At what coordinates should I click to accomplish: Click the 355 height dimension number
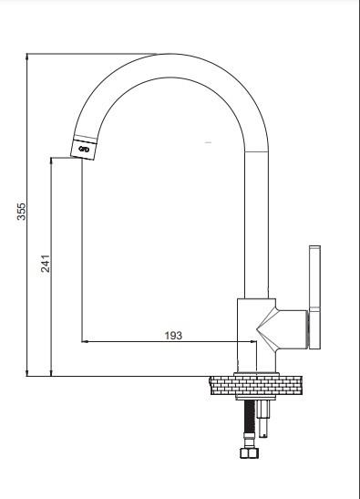(21, 212)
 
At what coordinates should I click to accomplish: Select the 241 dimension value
(46, 264)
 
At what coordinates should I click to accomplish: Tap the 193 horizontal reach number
(174, 336)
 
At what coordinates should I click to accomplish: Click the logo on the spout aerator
(84, 150)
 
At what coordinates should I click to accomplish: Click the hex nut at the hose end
(249, 452)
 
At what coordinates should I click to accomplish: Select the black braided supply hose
(250, 416)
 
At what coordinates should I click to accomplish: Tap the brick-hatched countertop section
(255, 385)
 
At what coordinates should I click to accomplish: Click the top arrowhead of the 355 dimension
(27, 57)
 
